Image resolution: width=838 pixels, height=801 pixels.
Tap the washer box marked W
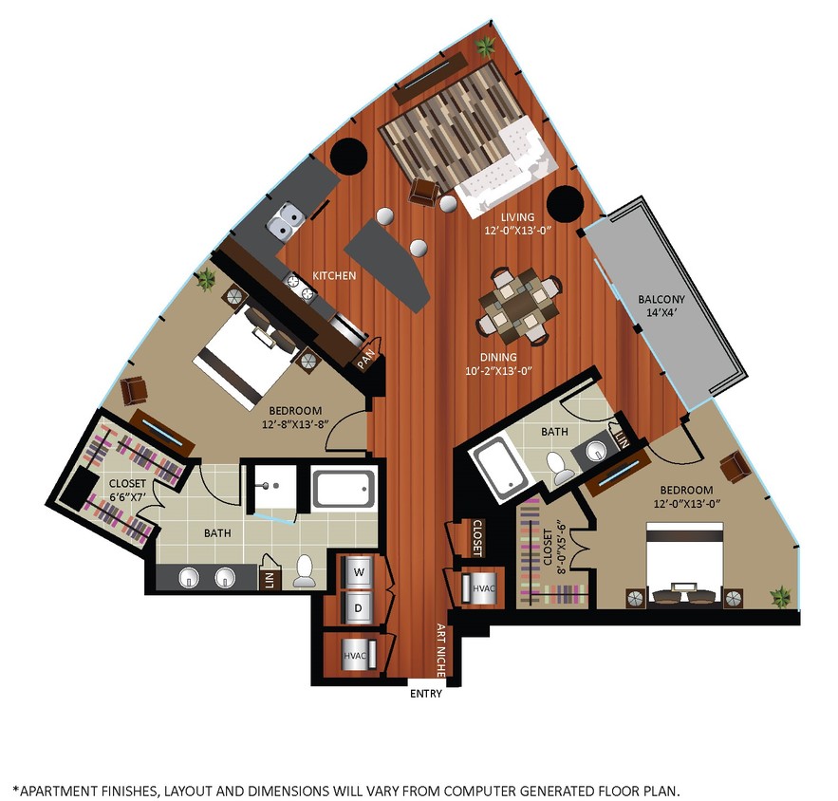click(x=358, y=573)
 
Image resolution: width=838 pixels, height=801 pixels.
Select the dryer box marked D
click(x=358, y=607)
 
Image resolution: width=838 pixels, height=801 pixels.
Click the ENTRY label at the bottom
click(x=426, y=694)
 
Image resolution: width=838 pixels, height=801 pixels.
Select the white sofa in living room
click(x=503, y=166)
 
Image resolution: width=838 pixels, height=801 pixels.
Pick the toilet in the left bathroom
click(x=306, y=570)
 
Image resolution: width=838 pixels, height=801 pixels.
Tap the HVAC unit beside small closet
click(x=478, y=589)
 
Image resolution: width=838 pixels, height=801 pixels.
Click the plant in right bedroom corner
click(x=780, y=597)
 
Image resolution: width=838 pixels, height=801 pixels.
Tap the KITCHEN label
click(x=334, y=276)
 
